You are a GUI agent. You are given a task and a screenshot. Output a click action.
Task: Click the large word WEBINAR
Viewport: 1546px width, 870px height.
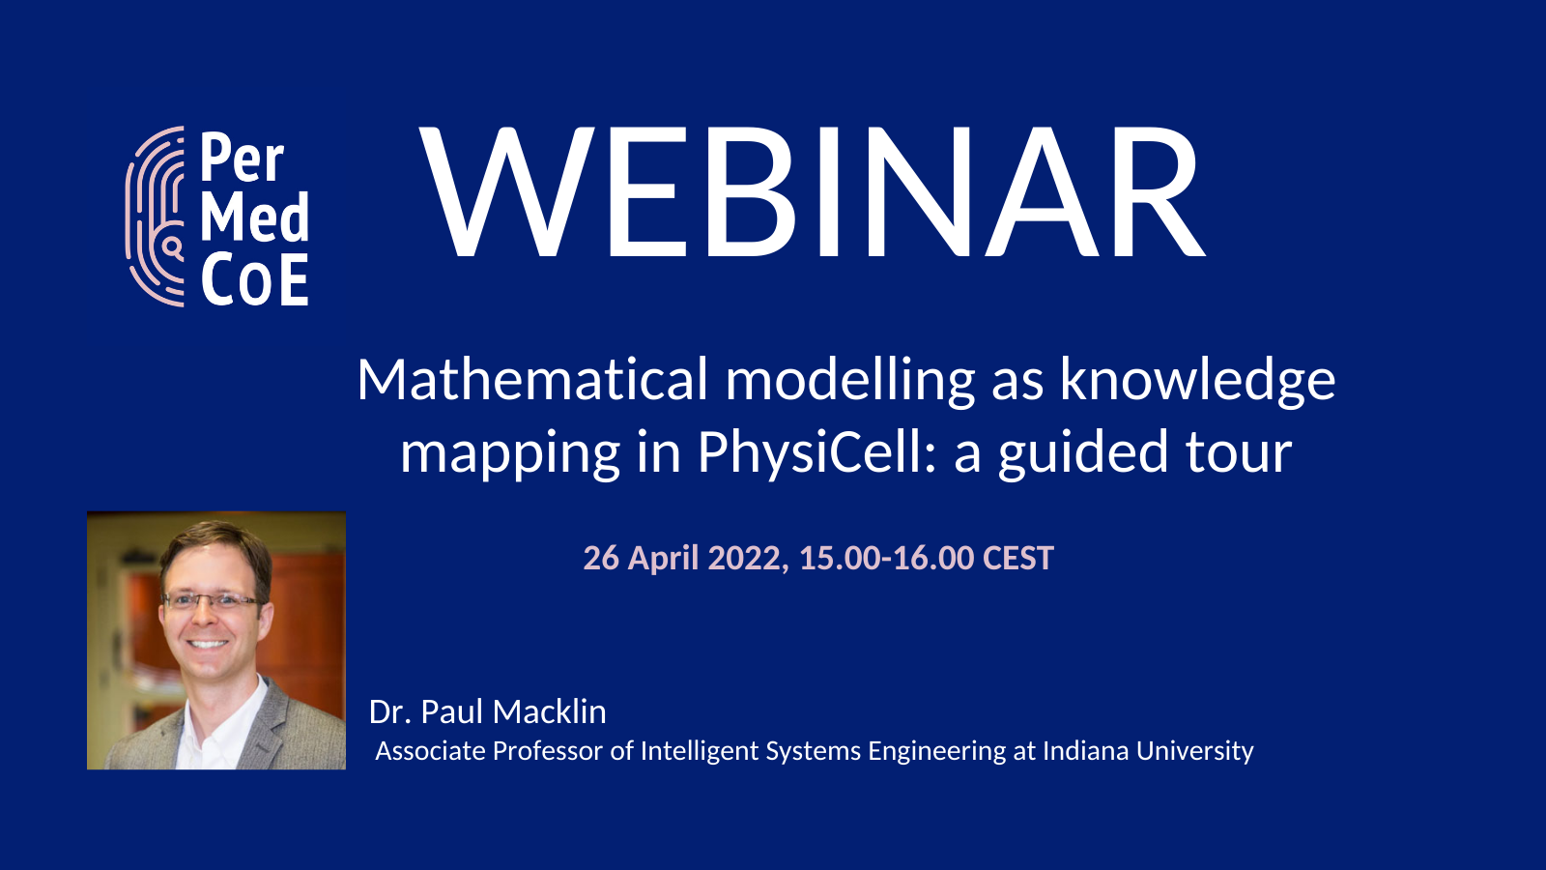tap(812, 193)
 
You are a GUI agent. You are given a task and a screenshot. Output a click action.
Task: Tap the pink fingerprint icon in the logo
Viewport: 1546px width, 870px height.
tap(155, 217)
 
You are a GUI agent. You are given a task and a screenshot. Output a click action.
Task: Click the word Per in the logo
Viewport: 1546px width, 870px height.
tap(242, 159)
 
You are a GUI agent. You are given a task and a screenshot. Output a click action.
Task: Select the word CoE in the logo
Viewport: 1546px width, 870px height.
tap(254, 281)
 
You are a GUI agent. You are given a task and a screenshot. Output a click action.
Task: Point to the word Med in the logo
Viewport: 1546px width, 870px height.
tap(254, 217)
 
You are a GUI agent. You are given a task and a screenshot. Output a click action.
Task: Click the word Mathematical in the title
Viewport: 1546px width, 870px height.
tap(532, 379)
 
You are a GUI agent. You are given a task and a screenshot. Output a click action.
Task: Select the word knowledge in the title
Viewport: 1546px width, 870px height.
tap(1197, 379)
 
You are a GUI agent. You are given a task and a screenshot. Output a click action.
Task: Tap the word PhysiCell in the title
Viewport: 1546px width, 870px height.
tap(809, 452)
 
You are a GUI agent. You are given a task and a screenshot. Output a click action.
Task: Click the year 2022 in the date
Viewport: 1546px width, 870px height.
tap(744, 558)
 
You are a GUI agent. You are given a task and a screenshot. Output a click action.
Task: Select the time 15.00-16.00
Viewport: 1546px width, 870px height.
tap(886, 558)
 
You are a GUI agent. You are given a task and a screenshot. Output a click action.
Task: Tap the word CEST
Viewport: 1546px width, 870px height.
tap(1017, 558)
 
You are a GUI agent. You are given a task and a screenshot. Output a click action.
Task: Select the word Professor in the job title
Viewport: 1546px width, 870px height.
tap(547, 751)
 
